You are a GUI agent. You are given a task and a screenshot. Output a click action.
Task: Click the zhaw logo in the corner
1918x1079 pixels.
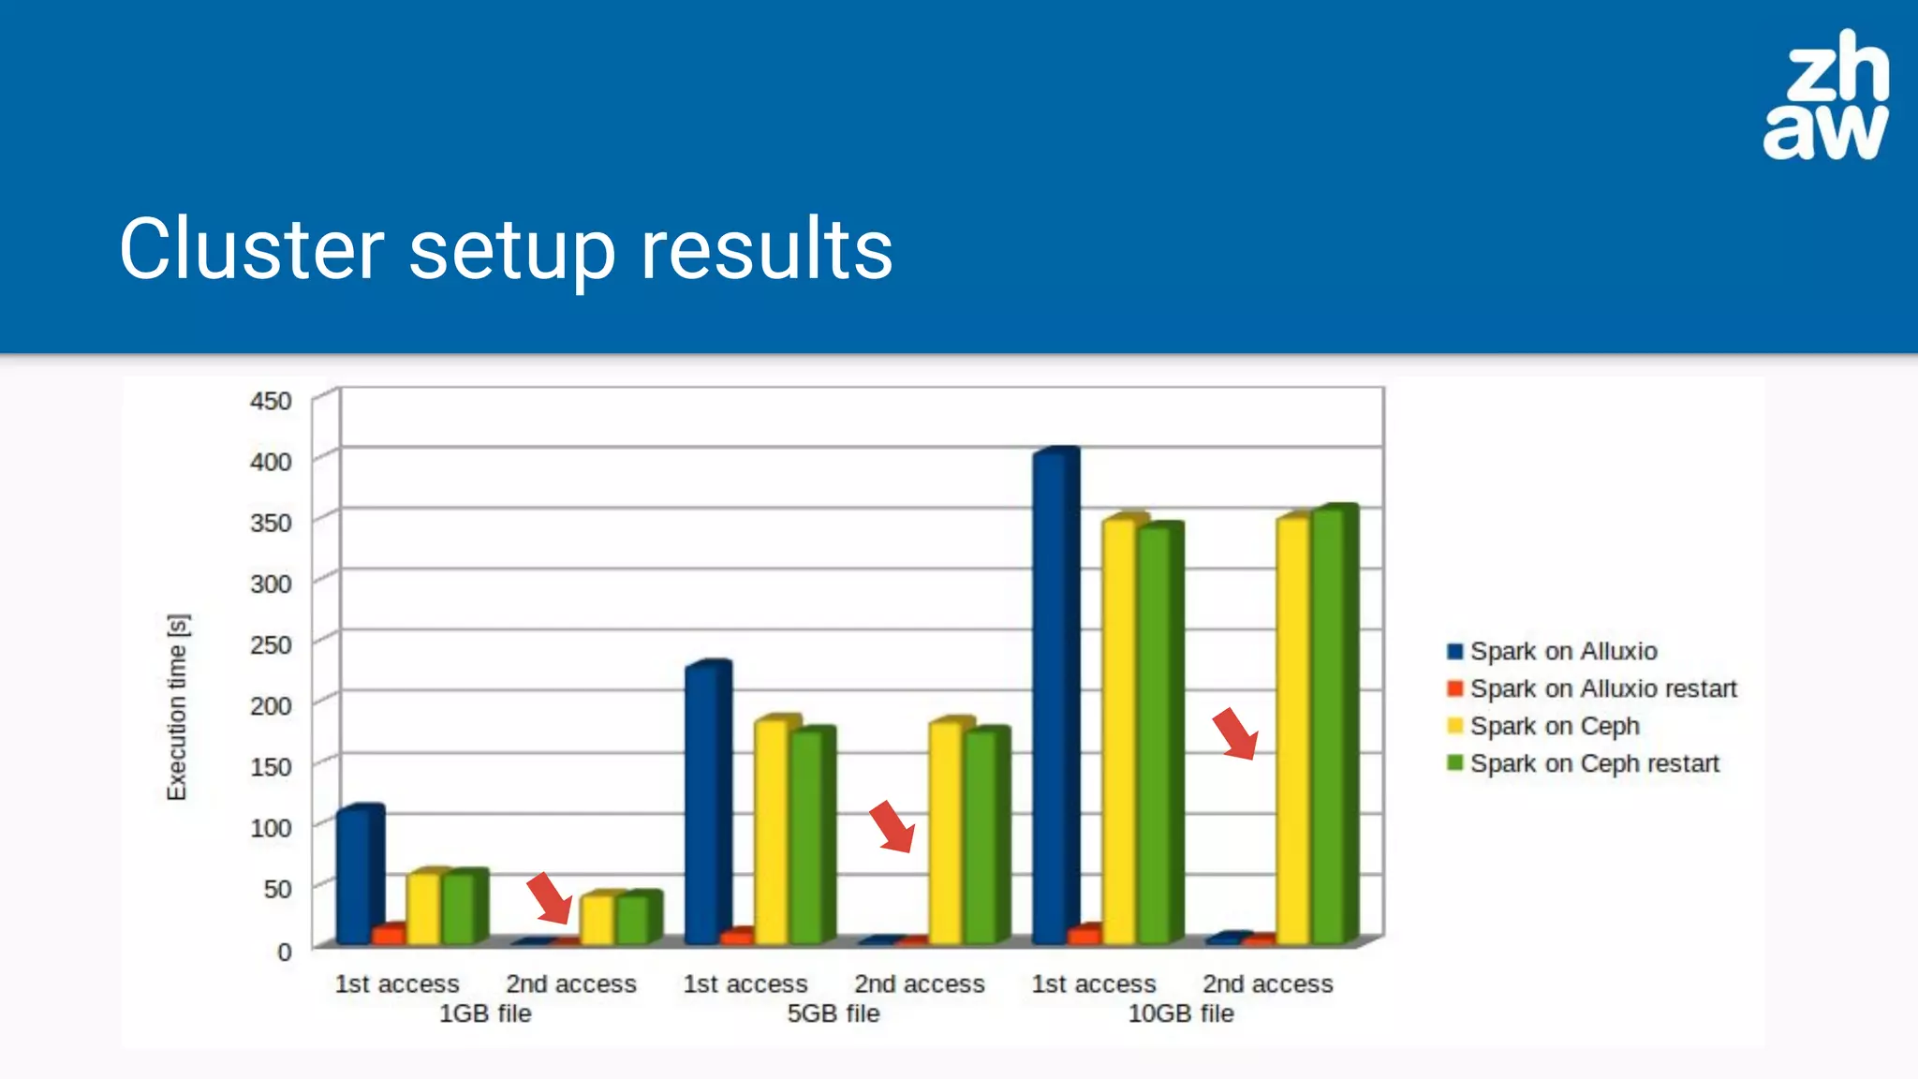[x=1825, y=96]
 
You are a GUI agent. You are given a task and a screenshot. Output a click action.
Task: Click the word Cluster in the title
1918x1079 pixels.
[x=251, y=249]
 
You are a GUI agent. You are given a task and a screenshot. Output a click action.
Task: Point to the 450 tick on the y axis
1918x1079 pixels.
[x=271, y=401]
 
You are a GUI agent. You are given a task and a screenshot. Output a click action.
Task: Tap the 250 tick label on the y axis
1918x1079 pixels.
[x=271, y=644]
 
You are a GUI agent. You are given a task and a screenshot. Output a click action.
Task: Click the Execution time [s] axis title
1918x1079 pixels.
[x=177, y=707]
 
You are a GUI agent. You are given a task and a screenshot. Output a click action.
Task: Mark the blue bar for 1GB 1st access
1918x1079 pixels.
[x=356, y=876]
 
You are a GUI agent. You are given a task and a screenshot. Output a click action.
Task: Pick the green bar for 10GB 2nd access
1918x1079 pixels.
[x=1330, y=726]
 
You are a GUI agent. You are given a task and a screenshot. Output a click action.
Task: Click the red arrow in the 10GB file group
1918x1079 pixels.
[x=1235, y=733]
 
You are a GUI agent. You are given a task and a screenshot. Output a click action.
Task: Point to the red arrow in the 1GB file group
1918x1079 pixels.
[x=550, y=897]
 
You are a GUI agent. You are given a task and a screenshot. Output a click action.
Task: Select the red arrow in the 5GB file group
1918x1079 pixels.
[x=892, y=826]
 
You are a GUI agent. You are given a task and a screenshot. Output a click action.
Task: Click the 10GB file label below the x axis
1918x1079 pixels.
[x=1180, y=1013]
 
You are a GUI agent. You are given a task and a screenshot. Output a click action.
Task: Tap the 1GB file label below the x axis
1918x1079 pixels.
[x=485, y=1013]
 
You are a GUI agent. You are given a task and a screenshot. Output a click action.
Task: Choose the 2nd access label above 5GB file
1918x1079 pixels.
[x=919, y=983]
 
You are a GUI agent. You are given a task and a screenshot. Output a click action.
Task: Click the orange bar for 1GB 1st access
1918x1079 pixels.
[x=387, y=934]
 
